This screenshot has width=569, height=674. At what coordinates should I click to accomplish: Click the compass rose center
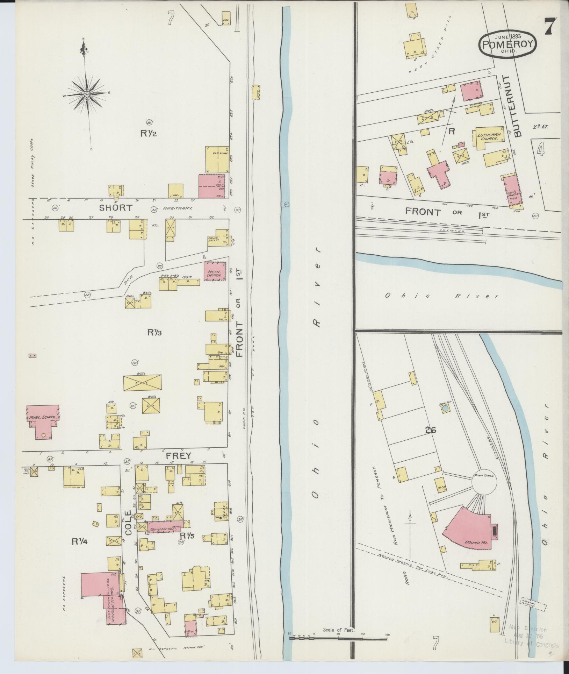coord(86,94)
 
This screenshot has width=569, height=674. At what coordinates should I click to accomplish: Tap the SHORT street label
coord(116,208)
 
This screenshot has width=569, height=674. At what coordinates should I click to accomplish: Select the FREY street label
coord(178,456)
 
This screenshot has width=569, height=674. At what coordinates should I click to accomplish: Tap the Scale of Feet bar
coord(338,638)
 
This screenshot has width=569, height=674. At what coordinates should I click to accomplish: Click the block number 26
coord(431,431)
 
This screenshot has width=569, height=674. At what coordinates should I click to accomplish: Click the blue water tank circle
coord(445,408)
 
